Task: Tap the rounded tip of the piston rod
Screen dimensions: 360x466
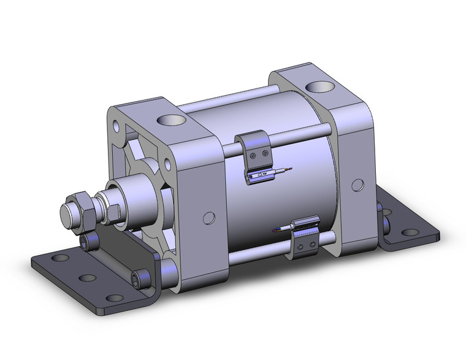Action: [68, 214]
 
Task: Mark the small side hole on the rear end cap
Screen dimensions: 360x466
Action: [356, 185]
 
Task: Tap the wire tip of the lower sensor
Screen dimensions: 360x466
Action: [274, 230]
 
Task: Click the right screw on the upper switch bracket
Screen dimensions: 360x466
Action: [264, 150]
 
